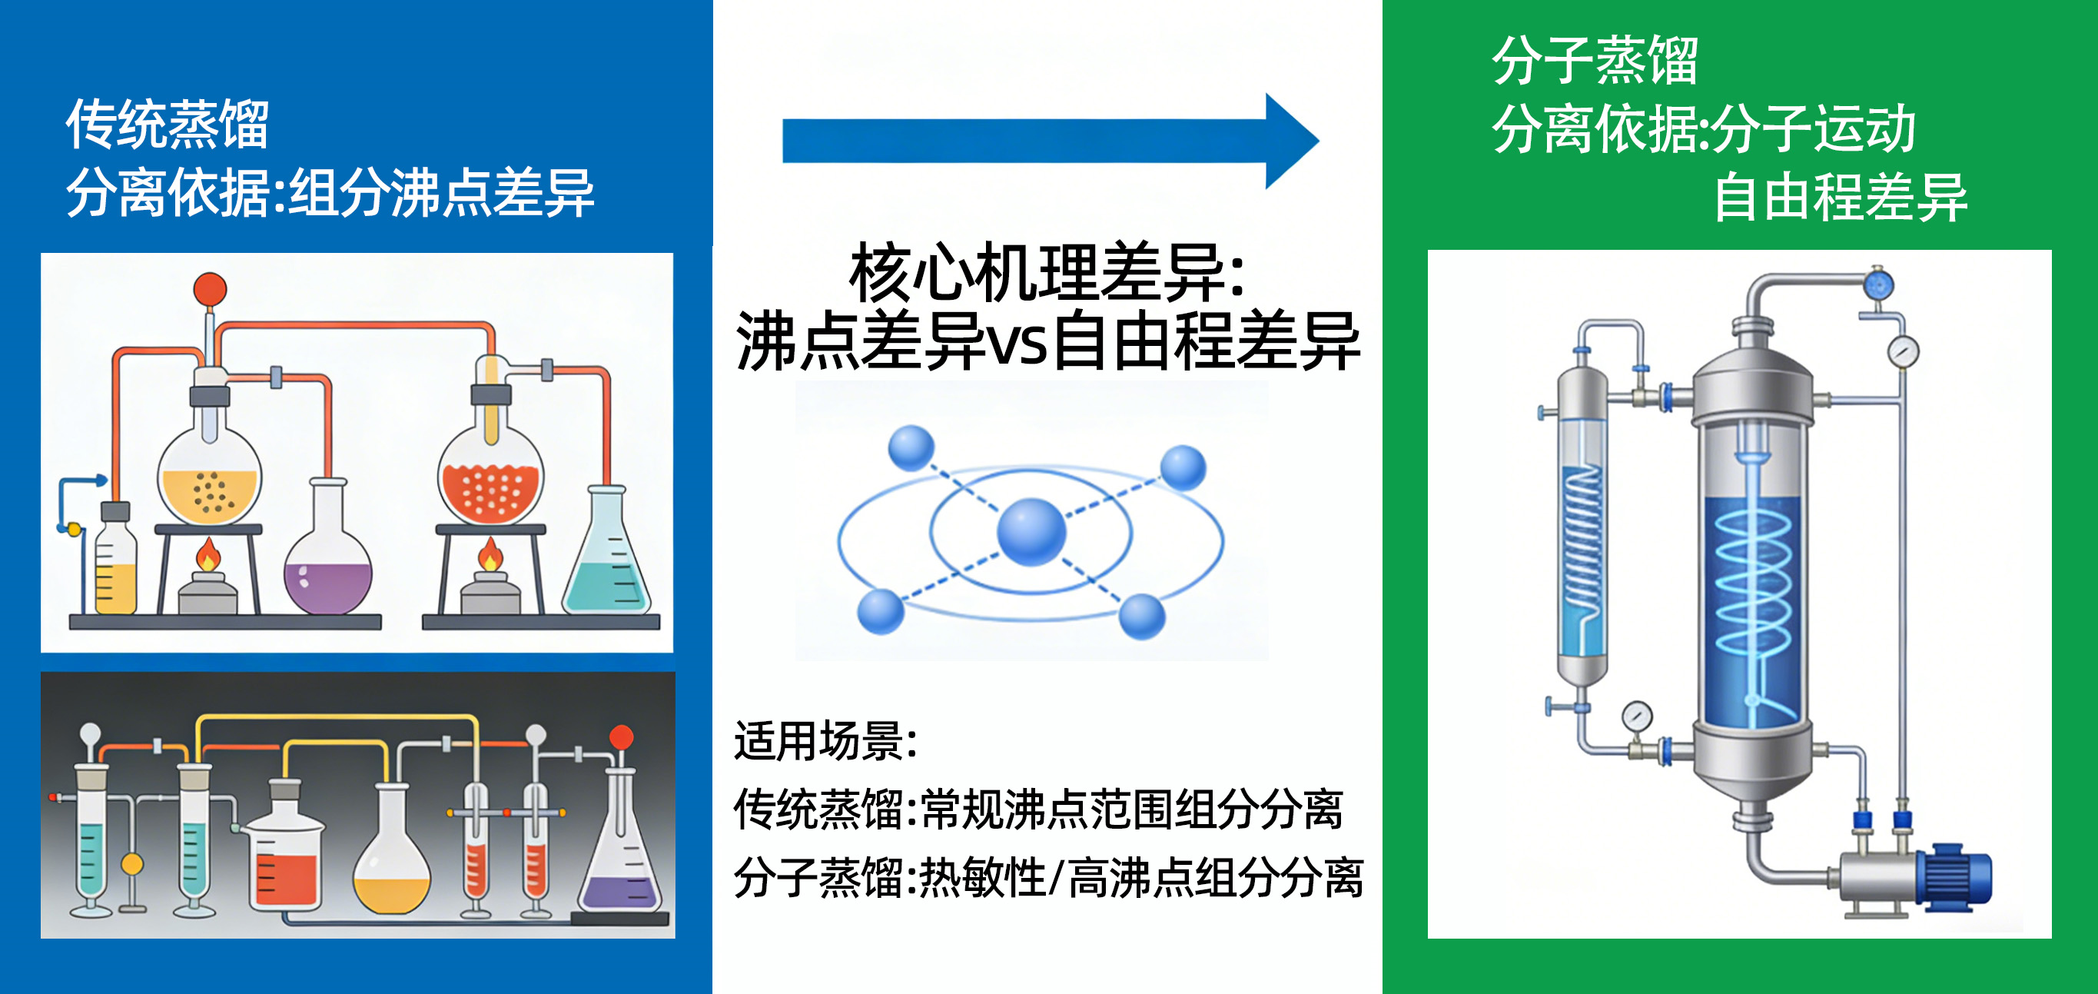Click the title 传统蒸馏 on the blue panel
click(167, 125)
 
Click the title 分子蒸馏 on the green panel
click(1594, 61)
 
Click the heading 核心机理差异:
click(1047, 273)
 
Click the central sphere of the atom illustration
click(1031, 531)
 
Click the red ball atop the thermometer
click(210, 289)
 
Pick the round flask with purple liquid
click(327, 570)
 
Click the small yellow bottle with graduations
click(115, 567)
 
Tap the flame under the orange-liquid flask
click(208, 556)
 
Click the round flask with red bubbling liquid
click(490, 480)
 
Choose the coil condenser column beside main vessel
click(1582, 530)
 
